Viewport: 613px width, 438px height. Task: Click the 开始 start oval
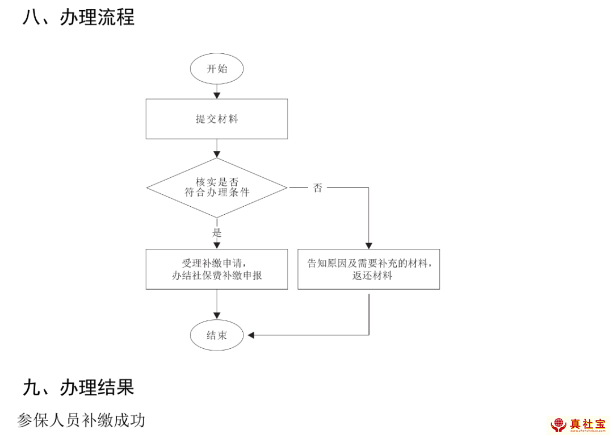217,69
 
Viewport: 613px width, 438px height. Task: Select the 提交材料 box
217,119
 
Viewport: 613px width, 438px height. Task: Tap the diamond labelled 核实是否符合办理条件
217,187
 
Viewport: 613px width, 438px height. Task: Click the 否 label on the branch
318,188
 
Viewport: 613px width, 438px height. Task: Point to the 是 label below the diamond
217,232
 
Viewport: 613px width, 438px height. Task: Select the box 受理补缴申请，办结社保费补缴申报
217,269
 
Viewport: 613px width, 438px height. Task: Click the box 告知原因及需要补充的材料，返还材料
369,269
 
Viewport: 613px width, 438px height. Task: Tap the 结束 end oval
217,335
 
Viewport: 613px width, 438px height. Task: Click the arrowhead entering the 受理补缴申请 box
217,245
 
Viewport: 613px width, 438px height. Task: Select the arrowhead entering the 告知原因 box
369,245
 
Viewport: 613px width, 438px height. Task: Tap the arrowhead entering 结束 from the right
251,335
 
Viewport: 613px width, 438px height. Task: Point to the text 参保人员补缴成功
81,420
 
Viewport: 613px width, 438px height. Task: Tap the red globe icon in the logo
559,424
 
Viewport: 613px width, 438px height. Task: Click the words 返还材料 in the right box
372,276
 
